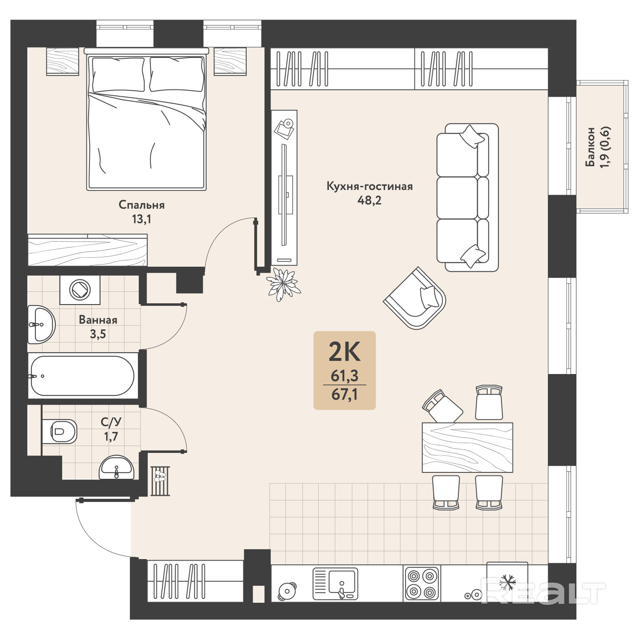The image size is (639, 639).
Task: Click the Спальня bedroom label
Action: [141, 205]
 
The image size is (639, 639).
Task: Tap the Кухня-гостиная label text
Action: [369, 186]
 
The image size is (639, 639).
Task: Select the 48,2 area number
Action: [369, 200]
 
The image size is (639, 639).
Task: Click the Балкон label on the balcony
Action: [590, 147]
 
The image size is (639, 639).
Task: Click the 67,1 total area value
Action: [345, 394]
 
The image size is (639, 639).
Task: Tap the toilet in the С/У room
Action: [60, 432]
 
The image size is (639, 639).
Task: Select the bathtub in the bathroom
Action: [83, 376]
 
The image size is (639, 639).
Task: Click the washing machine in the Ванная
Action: [80, 290]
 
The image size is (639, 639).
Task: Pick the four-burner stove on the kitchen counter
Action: [422, 584]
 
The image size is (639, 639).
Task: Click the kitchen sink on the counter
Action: [335, 584]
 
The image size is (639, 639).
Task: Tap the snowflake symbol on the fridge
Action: [507, 582]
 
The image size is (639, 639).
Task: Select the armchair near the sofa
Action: [415, 298]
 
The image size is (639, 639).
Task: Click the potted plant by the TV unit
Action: [283, 283]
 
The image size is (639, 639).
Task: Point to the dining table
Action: [467, 447]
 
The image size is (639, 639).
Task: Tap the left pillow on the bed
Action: [118, 75]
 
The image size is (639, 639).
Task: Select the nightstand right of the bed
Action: [230, 61]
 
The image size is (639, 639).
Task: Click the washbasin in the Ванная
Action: [41, 325]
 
